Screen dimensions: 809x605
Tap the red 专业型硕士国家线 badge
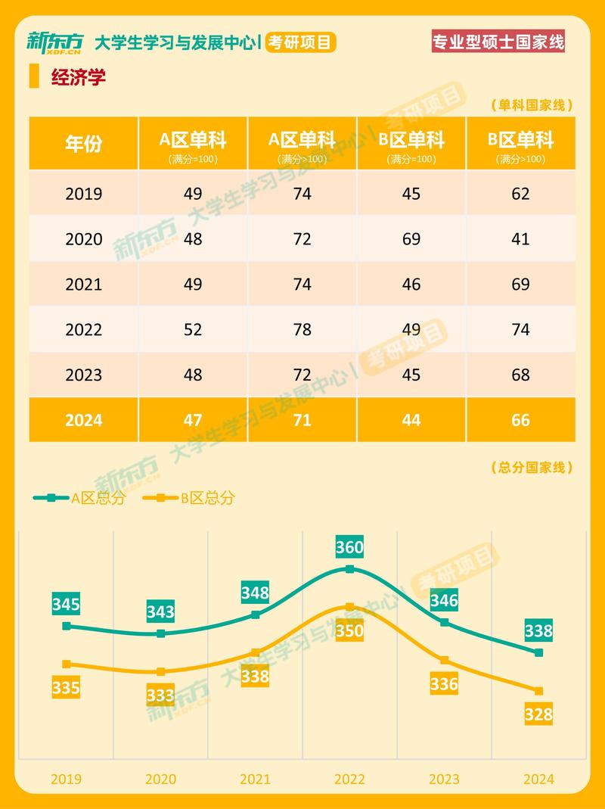click(x=498, y=41)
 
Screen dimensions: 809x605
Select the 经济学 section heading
click(x=78, y=78)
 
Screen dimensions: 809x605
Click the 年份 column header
click(x=83, y=143)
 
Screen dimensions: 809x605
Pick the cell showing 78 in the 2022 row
click(x=302, y=330)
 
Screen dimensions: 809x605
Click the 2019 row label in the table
click(x=83, y=194)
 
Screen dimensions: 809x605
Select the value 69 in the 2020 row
click(x=411, y=239)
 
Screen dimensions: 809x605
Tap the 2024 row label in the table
click(x=83, y=420)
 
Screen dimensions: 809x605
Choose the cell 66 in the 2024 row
click(x=520, y=420)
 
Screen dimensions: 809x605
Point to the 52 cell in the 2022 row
click(x=193, y=330)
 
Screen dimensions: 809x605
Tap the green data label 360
click(x=349, y=546)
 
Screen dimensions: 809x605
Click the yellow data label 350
click(x=349, y=630)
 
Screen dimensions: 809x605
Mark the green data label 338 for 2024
click(x=538, y=630)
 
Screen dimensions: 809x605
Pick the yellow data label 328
click(x=538, y=714)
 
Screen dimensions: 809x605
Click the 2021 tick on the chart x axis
click(x=255, y=779)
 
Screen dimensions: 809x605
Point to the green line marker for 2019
click(x=67, y=626)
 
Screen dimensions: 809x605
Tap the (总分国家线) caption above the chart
click(x=532, y=468)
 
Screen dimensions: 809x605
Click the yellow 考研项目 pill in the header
click(x=301, y=42)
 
